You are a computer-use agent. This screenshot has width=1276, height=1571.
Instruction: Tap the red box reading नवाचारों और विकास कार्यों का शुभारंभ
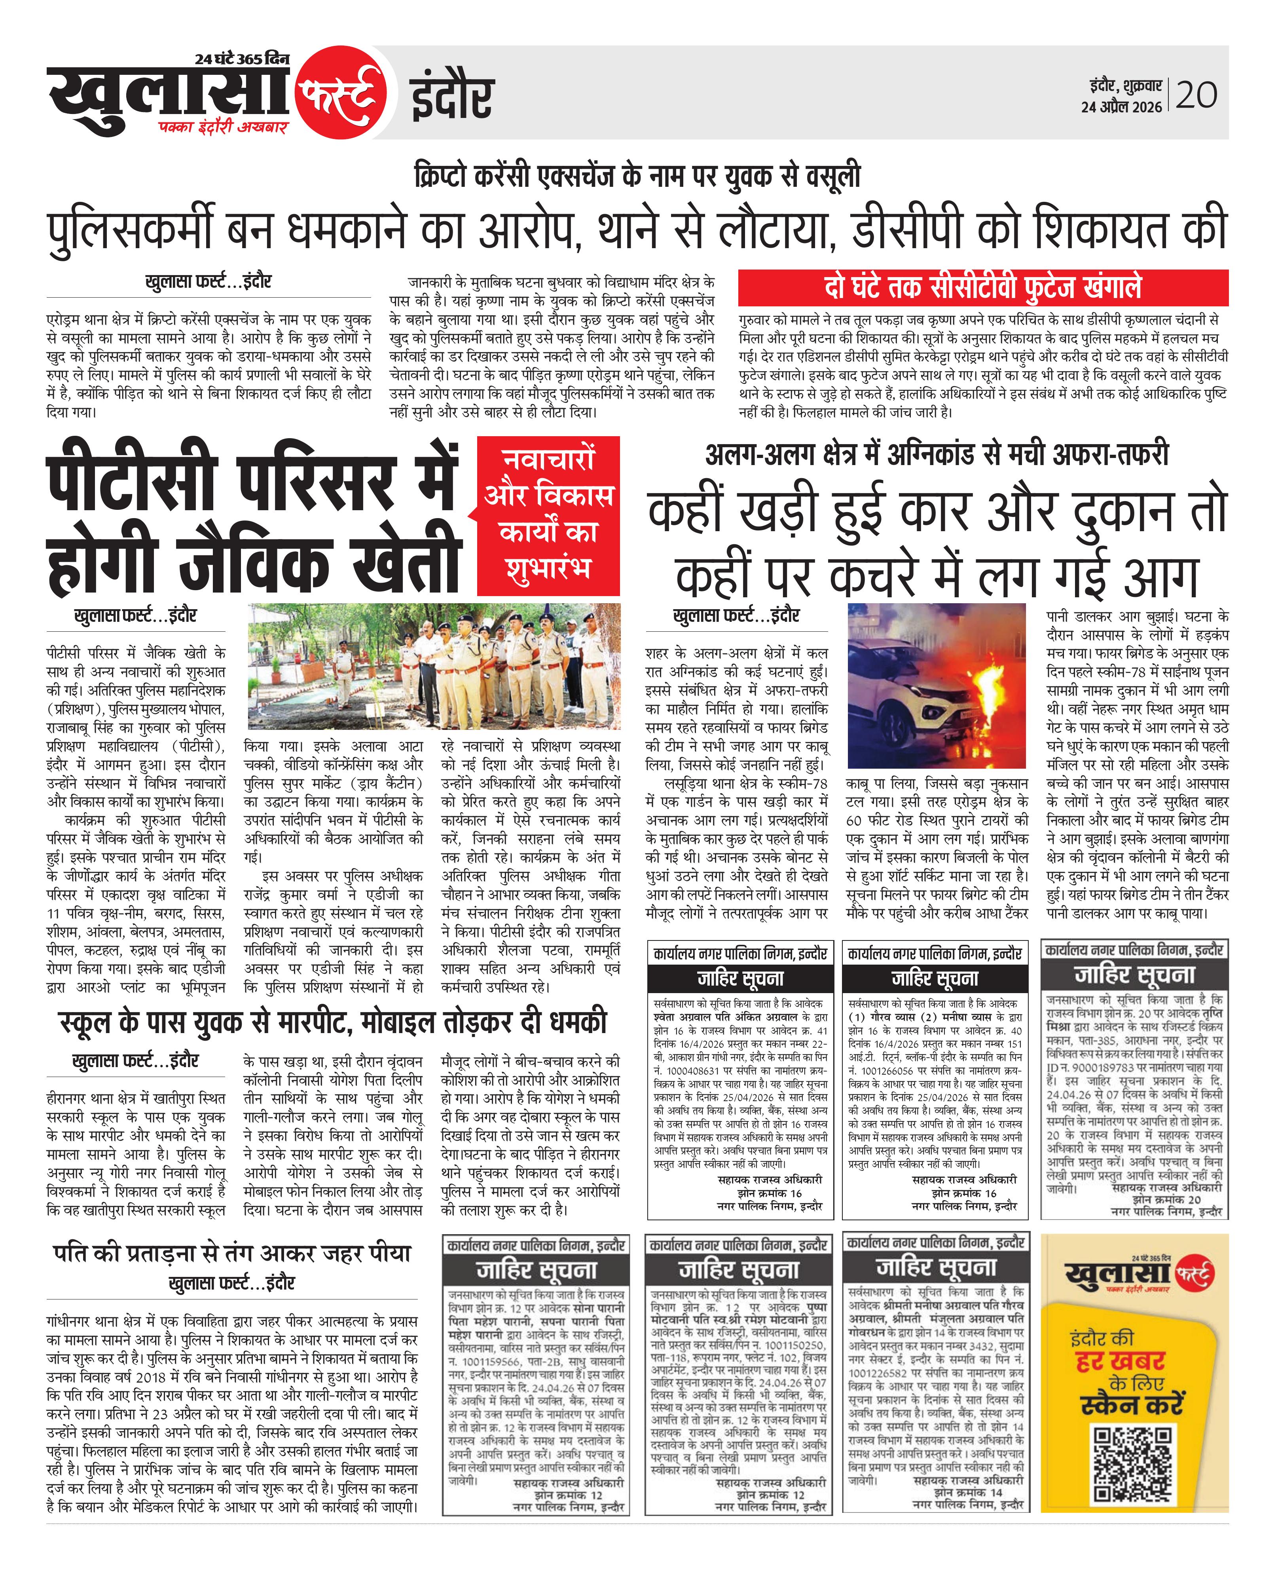point(548,515)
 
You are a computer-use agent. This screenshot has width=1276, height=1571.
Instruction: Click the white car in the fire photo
point(912,706)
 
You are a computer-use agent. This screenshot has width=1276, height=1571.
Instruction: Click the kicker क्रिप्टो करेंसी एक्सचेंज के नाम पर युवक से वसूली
point(637,177)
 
